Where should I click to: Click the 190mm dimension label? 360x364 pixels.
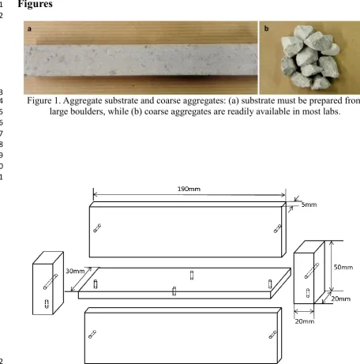point(189,189)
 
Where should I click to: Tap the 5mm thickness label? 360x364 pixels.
point(309,205)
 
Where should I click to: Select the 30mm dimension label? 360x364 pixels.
point(75,271)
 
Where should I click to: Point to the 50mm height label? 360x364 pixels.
point(343,267)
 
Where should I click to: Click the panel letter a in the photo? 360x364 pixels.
point(29,28)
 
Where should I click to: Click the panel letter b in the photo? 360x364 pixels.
point(266,28)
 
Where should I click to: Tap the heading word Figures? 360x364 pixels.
point(35,4)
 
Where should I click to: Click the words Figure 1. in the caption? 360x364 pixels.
point(44,100)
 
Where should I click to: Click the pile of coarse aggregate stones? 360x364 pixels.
point(309,57)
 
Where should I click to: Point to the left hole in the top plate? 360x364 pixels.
point(97,228)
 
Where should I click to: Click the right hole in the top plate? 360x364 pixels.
point(277,228)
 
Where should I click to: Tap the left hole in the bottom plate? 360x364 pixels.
point(92,334)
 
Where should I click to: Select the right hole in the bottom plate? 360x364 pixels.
point(272,335)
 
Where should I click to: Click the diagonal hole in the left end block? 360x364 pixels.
point(51,282)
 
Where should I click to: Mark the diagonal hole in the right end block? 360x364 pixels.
point(312,271)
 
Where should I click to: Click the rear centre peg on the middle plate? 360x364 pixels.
point(192,276)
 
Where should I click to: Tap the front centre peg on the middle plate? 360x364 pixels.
point(174,291)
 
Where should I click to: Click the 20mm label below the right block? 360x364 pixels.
point(305,321)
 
